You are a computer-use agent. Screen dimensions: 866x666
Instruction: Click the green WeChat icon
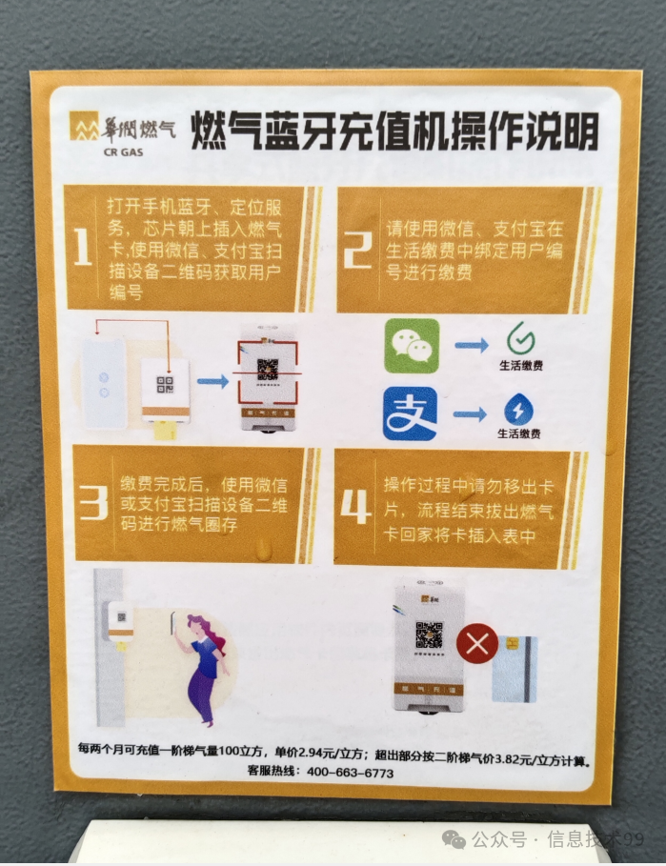(412, 345)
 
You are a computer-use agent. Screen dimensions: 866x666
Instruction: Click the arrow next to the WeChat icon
(472, 344)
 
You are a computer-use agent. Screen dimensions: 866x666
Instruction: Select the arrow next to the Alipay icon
(472, 413)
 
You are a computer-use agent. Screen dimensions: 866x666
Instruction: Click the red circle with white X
(476, 644)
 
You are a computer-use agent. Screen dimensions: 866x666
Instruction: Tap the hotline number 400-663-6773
(351, 773)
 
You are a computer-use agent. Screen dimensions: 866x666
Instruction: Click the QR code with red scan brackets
(267, 370)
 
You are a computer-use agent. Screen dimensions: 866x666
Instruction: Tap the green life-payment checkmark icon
(520, 338)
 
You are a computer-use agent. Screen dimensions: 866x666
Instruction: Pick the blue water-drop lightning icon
(519, 410)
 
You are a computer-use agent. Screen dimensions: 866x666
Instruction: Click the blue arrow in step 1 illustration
(213, 381)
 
